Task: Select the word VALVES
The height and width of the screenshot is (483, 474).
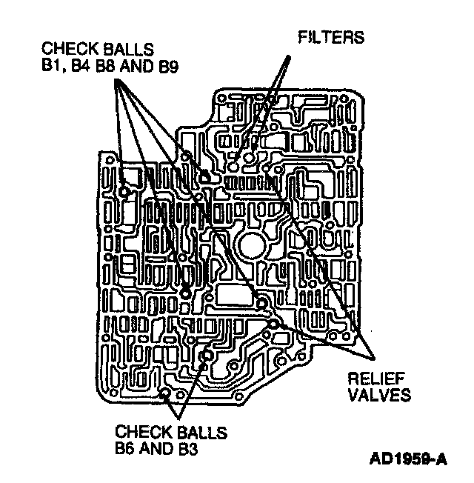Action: [x=379, y=395]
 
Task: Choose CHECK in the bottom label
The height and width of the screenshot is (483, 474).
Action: [x=138, y=432]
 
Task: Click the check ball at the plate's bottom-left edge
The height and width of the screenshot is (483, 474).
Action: [x=166, y=393]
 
